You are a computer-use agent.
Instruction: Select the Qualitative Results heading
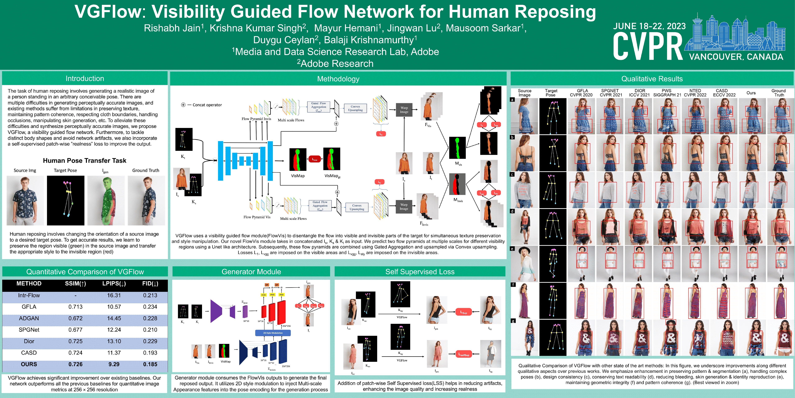pyautogui.click(x=652, y=79)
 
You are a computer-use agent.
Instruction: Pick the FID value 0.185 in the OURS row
pyautogui.click(x=150, y=364)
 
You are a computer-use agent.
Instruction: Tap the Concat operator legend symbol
pyautogui.click(x=183, y=105)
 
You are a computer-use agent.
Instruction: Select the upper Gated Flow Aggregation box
pyautogui.click(x=318, y=107)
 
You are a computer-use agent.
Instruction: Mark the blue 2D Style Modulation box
pyautogui.click(x=273, y=333)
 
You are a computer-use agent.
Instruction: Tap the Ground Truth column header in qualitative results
pyautogui.click(x=778, y=93)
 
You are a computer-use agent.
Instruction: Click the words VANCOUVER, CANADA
pyautogui.click(x=736, y=57)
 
